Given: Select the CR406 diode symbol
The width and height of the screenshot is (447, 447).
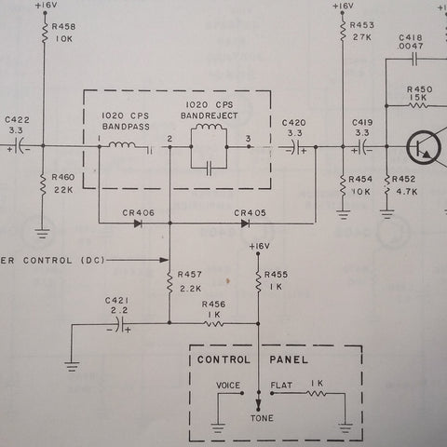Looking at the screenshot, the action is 138,223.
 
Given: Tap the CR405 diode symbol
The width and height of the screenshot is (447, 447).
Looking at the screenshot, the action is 245,223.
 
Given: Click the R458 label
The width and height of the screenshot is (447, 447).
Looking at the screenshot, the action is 63,27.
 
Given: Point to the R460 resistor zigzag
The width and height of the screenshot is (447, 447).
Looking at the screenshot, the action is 43,184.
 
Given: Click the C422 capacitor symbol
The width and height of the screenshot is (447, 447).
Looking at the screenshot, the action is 20,145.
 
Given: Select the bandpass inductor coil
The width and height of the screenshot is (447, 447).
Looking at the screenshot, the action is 122,145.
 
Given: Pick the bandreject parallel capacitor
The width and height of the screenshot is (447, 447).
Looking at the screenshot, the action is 209,168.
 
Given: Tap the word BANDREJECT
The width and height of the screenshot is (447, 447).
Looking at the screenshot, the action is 210,115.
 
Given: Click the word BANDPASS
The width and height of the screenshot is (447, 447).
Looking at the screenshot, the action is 126,127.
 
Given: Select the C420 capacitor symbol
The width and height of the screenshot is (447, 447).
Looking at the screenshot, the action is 296,147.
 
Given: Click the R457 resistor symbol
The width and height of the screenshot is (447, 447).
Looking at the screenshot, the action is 169,282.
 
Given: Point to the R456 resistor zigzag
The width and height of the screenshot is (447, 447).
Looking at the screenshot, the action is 213,323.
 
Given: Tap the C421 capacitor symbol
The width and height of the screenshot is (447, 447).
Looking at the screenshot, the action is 120,324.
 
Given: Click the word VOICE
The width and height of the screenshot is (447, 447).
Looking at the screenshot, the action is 228,386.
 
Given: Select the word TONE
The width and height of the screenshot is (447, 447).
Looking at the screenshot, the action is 262,418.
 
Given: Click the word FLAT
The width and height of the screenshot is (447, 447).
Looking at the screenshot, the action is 281,386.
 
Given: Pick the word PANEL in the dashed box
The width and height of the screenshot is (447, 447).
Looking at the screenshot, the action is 289,359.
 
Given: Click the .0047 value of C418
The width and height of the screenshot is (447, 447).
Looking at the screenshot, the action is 411,46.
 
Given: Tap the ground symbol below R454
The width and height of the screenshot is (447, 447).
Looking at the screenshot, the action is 343,215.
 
